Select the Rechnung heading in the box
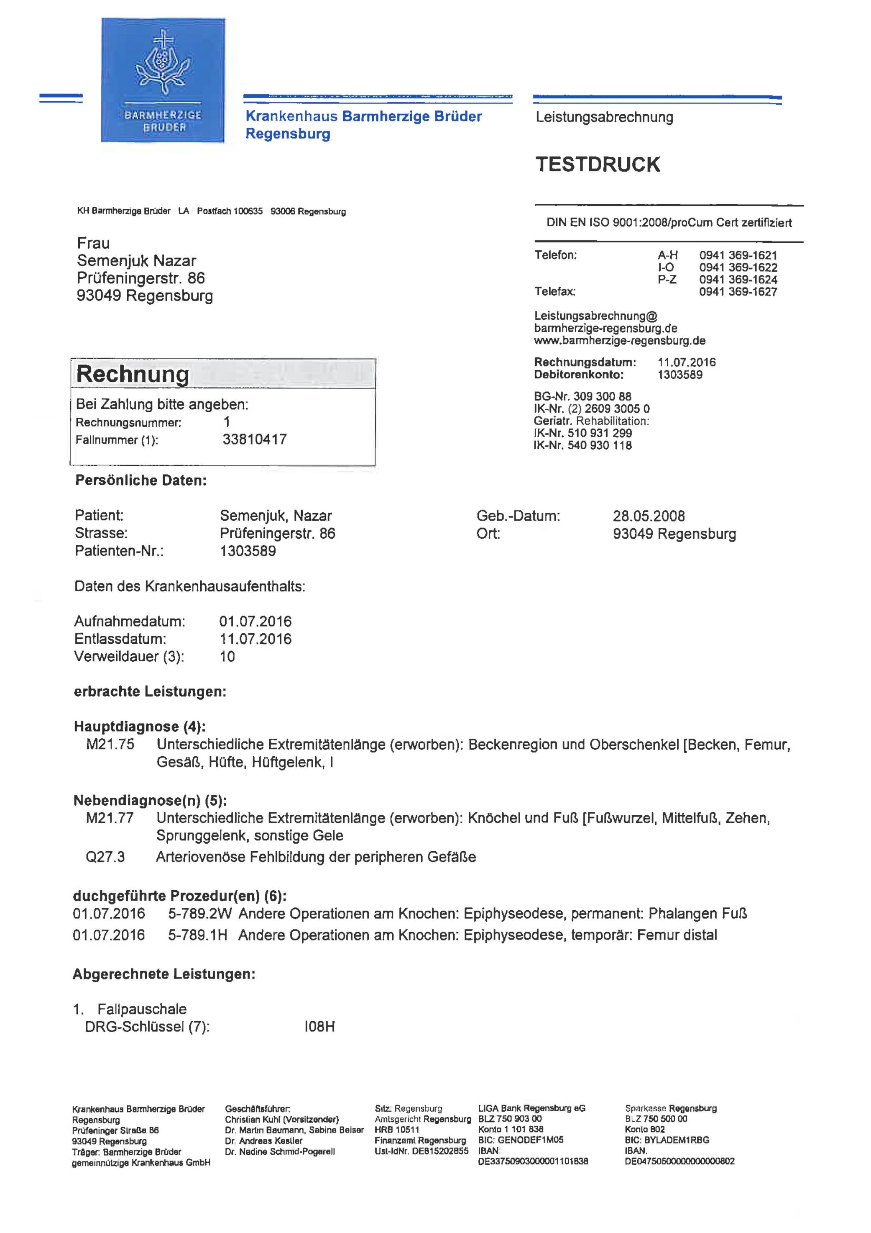click(133, 374)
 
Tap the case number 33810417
click(254, 439)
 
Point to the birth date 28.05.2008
click(649, 516)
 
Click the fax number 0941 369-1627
click(738, 292)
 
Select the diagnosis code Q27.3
click(105, 857)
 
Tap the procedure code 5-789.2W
click(197, 914)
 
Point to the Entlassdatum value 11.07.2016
click(255, 639)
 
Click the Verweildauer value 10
click(227, 656)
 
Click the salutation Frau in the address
click(93, 243)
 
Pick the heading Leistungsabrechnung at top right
click(604, 117)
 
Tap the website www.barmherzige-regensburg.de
click(619, 340)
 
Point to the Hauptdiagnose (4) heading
click(140, 727)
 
